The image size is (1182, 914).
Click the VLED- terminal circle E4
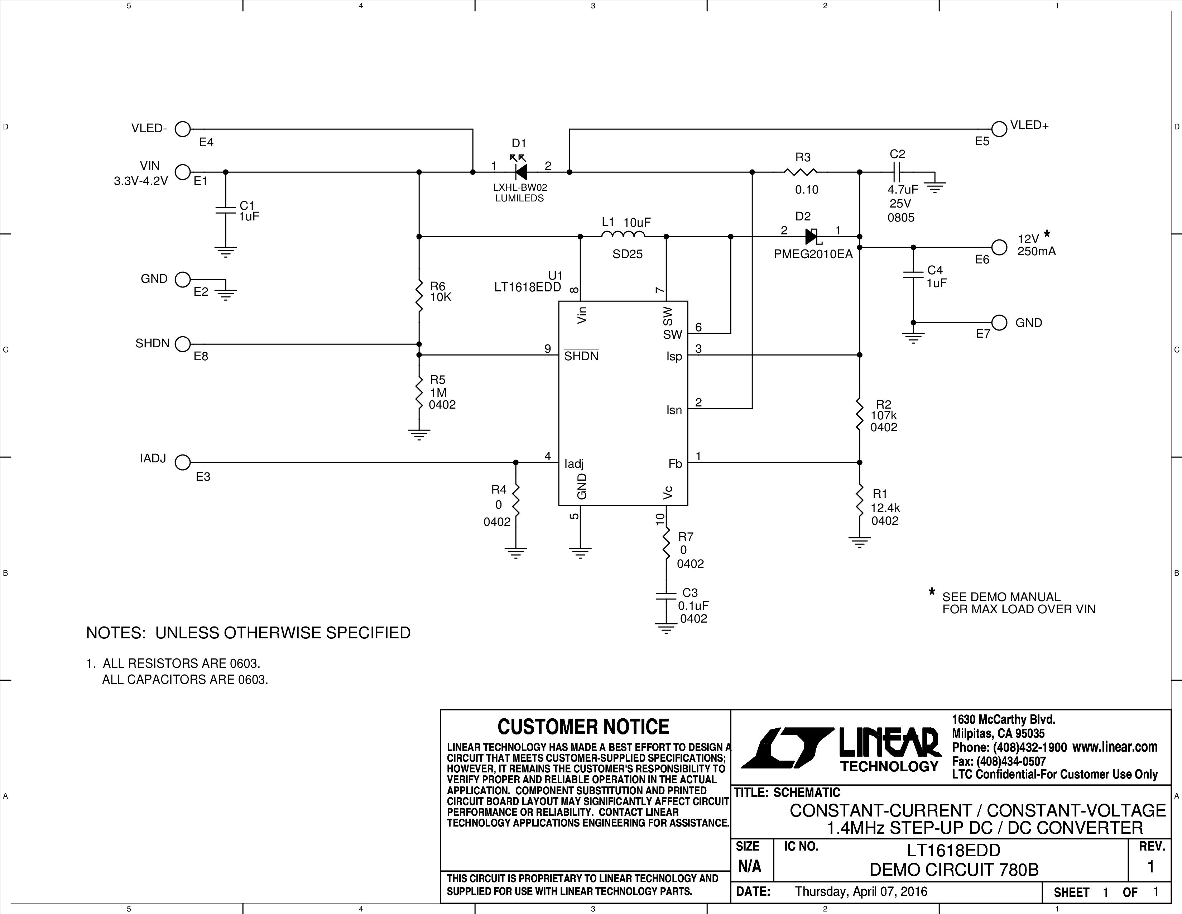tap(183, 129)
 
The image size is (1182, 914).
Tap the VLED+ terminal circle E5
tap(999, 129)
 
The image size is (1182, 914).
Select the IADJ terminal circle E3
tap(183, 462)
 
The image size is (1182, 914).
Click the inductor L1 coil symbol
tap(623, 234)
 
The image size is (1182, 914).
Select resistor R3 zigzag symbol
tap(801, 172)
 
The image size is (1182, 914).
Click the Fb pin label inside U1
tap(675, 464)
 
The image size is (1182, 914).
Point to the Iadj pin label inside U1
tap(574, 465)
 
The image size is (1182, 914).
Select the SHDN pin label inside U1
tap(581, 356)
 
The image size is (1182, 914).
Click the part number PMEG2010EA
tap(813, 254)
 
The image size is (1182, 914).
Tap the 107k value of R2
tap(883, 415)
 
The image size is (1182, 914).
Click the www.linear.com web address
tap(1115, 747)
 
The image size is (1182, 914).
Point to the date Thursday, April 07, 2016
tap(861, 892)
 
